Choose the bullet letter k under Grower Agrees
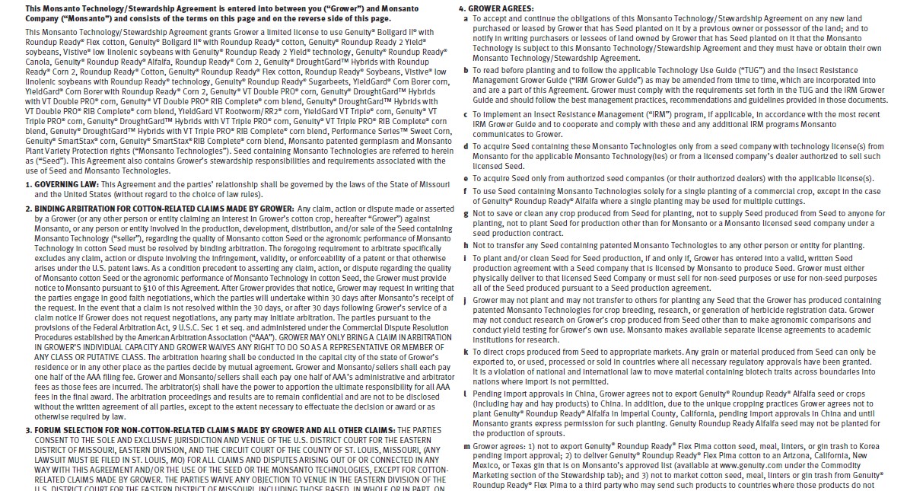466,352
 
